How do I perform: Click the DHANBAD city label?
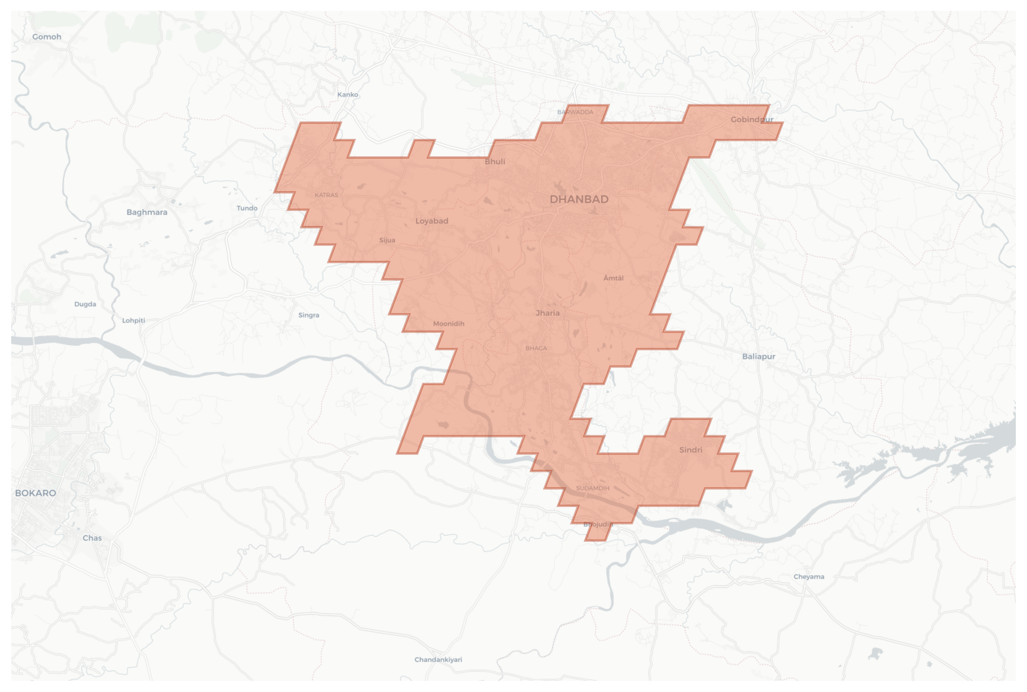579,200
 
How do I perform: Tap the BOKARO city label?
35,493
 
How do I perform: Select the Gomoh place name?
47,36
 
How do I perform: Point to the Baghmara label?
147,212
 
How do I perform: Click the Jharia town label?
547,313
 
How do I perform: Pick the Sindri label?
690,450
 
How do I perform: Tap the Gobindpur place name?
752,119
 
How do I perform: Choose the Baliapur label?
758,356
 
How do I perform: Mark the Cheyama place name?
809,576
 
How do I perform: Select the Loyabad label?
431,221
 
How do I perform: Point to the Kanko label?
348,95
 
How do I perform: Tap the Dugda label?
85,304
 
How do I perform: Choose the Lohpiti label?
133,321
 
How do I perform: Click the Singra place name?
308,315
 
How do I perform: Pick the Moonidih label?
449,323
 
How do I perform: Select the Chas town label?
92,538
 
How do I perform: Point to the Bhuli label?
495,162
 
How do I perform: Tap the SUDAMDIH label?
592,488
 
